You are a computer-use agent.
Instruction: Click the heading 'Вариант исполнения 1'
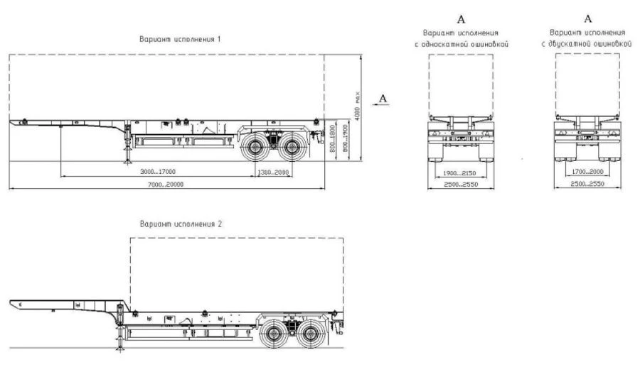tap(179, 39)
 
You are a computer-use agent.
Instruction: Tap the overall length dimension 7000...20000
tap(164, 185)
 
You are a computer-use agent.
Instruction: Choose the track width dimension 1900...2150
tap(459, 172)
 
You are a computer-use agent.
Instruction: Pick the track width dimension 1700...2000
tap(587, 172)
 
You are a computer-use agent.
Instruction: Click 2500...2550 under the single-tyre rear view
tap(459, 185)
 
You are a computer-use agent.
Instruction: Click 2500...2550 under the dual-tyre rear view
tap(587, 185)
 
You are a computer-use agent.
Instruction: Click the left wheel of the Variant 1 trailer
tap(255, 150)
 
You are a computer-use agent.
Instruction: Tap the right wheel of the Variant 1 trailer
tap(290, 150)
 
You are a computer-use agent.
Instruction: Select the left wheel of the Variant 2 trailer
tap(274, 334)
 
